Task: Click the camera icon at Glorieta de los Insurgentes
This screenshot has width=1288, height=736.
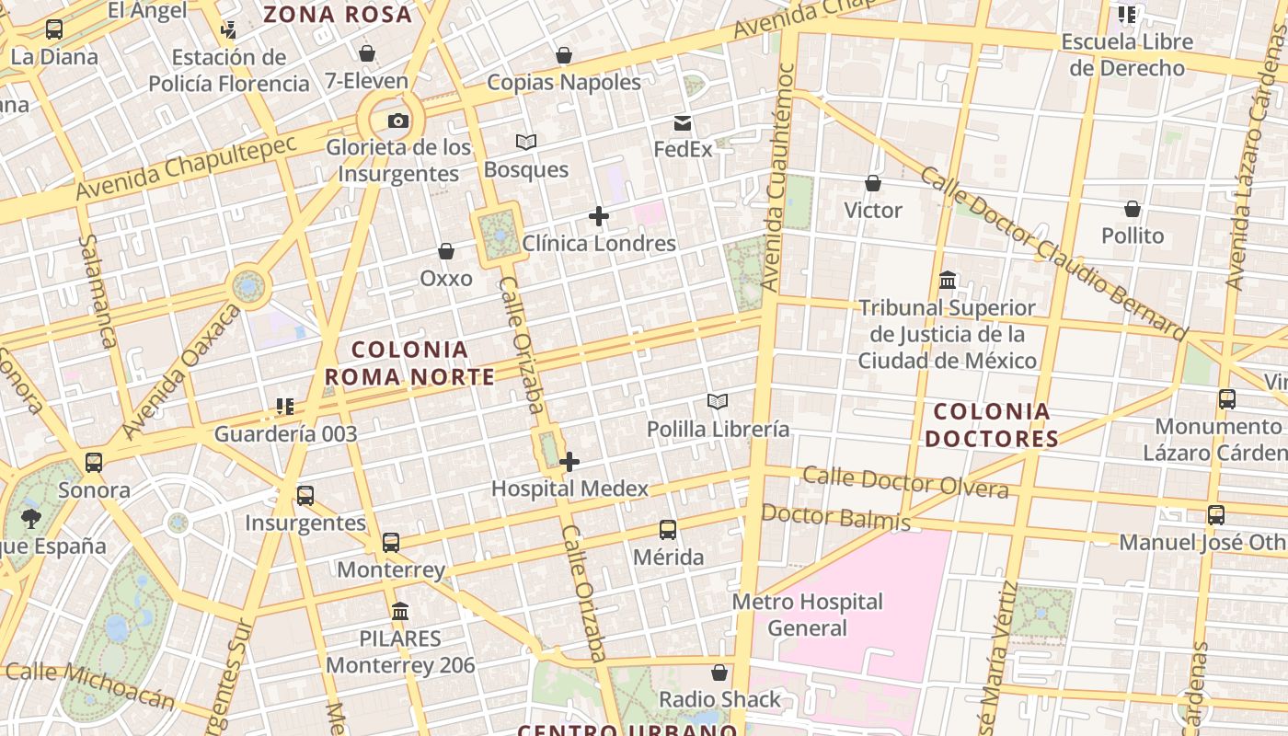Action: [x=397, y=121]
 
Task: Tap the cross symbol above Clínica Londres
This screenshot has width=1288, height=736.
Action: [x=599, y=217]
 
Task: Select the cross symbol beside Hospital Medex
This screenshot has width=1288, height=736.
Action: [x=569, y=462]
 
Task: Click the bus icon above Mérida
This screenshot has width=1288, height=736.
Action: [x=668, y=530]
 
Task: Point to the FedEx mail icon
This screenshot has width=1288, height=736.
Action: [x=683, y=123]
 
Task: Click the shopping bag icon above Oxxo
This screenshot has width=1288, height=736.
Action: [x=446, y=251]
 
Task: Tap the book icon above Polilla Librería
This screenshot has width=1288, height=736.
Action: [x=718, y=401]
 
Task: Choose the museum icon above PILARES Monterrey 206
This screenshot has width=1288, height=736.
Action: [x=400, y=611]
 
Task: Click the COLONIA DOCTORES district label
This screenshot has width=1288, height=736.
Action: [x=992, y=425]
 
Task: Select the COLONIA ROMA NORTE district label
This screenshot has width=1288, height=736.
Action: [x=409, y=363]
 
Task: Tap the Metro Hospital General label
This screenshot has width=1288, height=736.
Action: [x=808, y=615]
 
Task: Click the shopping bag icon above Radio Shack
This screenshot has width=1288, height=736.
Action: [x=719, y=673]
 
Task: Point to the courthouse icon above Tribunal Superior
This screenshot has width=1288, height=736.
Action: [x=948, y=280]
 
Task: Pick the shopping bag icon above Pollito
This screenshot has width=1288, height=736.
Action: [x=1133, y=209]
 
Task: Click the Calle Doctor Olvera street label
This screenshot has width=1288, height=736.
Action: [x=905, y=481]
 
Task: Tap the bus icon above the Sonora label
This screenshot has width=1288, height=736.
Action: [x=94, y=463]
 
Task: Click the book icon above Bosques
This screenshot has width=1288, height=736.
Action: [x=526, y=143]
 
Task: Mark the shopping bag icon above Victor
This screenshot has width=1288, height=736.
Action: [x=873, y=184]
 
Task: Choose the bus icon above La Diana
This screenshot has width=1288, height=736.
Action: [x=54, y=29]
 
